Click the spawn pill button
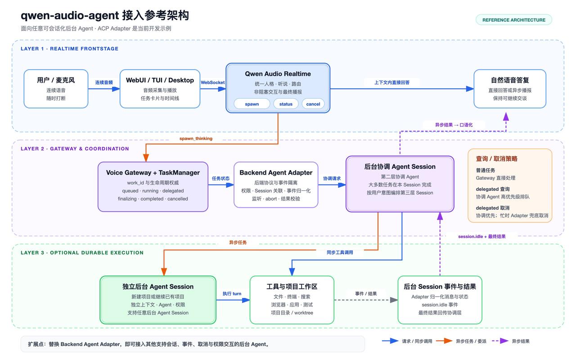pos(252,104)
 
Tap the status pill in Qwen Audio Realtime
pos(286,104)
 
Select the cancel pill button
pos(313,104)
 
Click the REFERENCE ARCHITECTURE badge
pos(513,20)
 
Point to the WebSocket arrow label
pos(213,82)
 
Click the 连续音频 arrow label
pos(104,82)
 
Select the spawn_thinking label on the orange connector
pos(196,139)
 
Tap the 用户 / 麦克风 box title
pos(56,80)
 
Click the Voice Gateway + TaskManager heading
pos(153,172)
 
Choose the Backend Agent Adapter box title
pos(276,172)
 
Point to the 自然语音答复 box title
pos(510,80)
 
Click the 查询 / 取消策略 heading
pos(496,159)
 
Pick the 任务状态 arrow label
pos(220,179)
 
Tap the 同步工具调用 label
pos(340,252)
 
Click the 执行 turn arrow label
pos(232,294)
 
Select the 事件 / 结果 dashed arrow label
pos(366,294)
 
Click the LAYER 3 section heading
pos(82,253)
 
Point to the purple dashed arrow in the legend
pos(500,341)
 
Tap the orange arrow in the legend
pos(444,341)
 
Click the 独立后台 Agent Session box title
pos(158,287)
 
